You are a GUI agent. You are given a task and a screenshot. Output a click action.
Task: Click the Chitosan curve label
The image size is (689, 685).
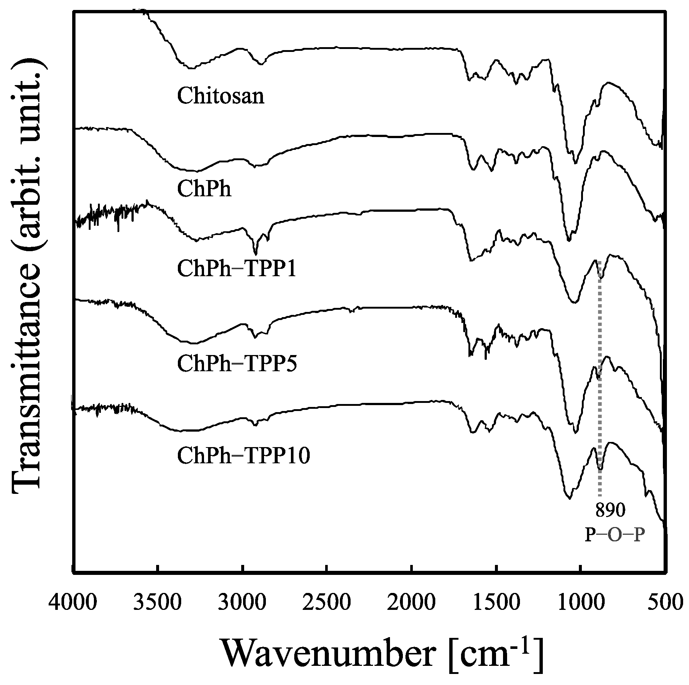(221, 96)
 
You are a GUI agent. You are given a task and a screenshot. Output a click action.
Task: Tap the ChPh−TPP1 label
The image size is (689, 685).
(236, 269)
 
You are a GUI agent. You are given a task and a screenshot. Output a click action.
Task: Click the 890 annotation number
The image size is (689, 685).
(610, 511)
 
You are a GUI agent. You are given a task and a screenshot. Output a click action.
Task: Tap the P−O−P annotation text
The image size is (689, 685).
(615, 535)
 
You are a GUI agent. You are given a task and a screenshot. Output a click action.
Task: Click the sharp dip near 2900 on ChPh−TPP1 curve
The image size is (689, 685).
(255, 253)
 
